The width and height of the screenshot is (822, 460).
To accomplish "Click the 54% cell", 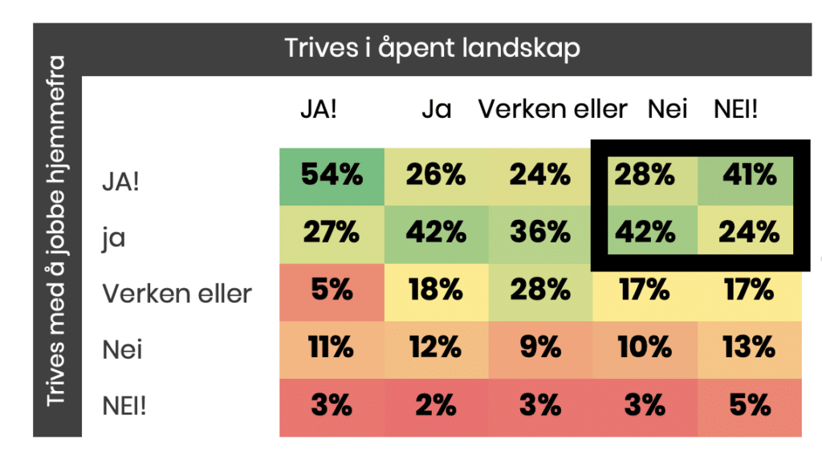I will coord(331,175).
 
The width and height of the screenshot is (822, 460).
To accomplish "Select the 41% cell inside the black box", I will coord(749,175).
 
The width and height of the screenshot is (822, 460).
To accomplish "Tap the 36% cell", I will coord(540,232).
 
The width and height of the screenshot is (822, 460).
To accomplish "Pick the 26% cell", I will coord(436,175).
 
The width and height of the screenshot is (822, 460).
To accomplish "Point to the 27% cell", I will coord(331,232).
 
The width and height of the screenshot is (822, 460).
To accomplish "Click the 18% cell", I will coord(436,290).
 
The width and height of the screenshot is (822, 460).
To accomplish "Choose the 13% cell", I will coord(749,348).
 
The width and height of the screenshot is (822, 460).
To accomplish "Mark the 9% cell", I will coord(540,348).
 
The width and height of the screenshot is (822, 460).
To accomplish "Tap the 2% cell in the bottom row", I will coord(436,405).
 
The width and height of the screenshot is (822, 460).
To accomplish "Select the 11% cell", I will coord(331,348).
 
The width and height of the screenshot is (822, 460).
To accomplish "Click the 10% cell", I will coord(645,348).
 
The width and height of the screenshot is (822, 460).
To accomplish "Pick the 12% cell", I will coord(436,348).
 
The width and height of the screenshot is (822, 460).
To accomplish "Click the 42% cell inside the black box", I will coord(645,232).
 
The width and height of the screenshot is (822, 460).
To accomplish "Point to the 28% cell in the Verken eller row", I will coord(540,290).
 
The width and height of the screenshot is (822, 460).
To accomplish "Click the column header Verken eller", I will coord(552,109).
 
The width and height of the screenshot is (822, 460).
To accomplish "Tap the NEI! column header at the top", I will coord(735,109).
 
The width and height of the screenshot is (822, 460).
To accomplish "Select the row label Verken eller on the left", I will coord(177,294).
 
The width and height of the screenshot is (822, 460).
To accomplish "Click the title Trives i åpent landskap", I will coord(432,48).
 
